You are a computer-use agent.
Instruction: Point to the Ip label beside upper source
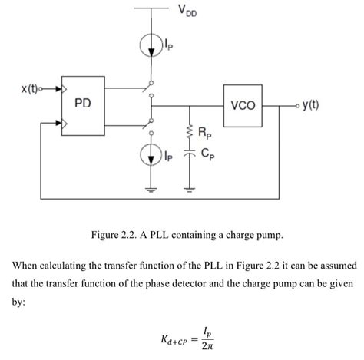169,47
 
